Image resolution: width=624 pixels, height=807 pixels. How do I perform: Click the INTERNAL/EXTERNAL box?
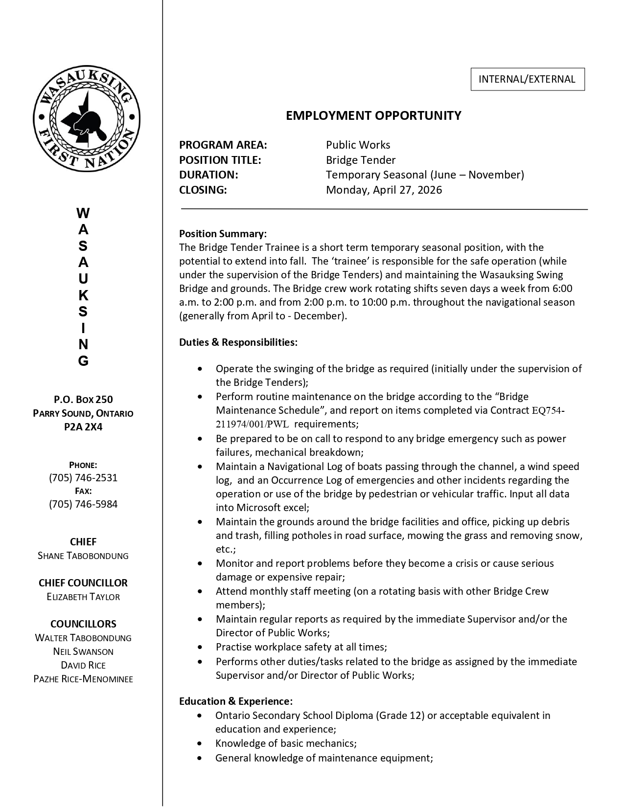click(x=527, y=79)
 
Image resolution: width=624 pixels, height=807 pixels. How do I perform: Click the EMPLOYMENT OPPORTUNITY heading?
click(x=373, y=115)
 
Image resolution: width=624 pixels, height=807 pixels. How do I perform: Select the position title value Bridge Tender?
click(x=361, y=160)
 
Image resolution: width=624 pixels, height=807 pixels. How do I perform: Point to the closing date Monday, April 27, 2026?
click(x=384, y=190)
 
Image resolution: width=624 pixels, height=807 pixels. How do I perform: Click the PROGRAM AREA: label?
click(x=223, y=145)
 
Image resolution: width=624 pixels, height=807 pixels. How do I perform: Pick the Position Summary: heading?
click(x=223, y=233)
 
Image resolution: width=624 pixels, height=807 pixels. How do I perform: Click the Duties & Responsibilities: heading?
click(x=238, y=342)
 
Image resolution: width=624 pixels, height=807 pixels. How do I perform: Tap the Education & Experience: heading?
click(x=236, y=701)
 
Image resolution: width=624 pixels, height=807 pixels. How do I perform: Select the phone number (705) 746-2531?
click(x=83, y=477)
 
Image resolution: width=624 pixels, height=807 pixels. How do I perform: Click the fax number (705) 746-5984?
click(x=83, y=504)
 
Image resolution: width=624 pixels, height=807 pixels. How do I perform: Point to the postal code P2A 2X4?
click(x=83, y=426)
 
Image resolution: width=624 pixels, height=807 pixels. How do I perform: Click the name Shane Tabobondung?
click(x=83, y=556)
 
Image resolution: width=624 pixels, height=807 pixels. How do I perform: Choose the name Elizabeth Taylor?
click(x=83, y=597)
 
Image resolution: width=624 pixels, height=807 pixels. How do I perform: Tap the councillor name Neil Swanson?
click(x=83, y=651)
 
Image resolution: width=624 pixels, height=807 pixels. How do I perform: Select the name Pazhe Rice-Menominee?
click(x=83, y=679)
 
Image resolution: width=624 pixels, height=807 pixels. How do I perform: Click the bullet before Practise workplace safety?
click(x=200, y=647)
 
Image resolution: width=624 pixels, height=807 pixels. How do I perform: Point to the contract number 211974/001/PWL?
click(x=253, y=424)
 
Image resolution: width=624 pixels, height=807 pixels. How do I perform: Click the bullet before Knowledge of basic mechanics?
click(x=199, y=743)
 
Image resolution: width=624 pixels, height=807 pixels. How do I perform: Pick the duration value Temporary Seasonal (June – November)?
click(x=425, y=175)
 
